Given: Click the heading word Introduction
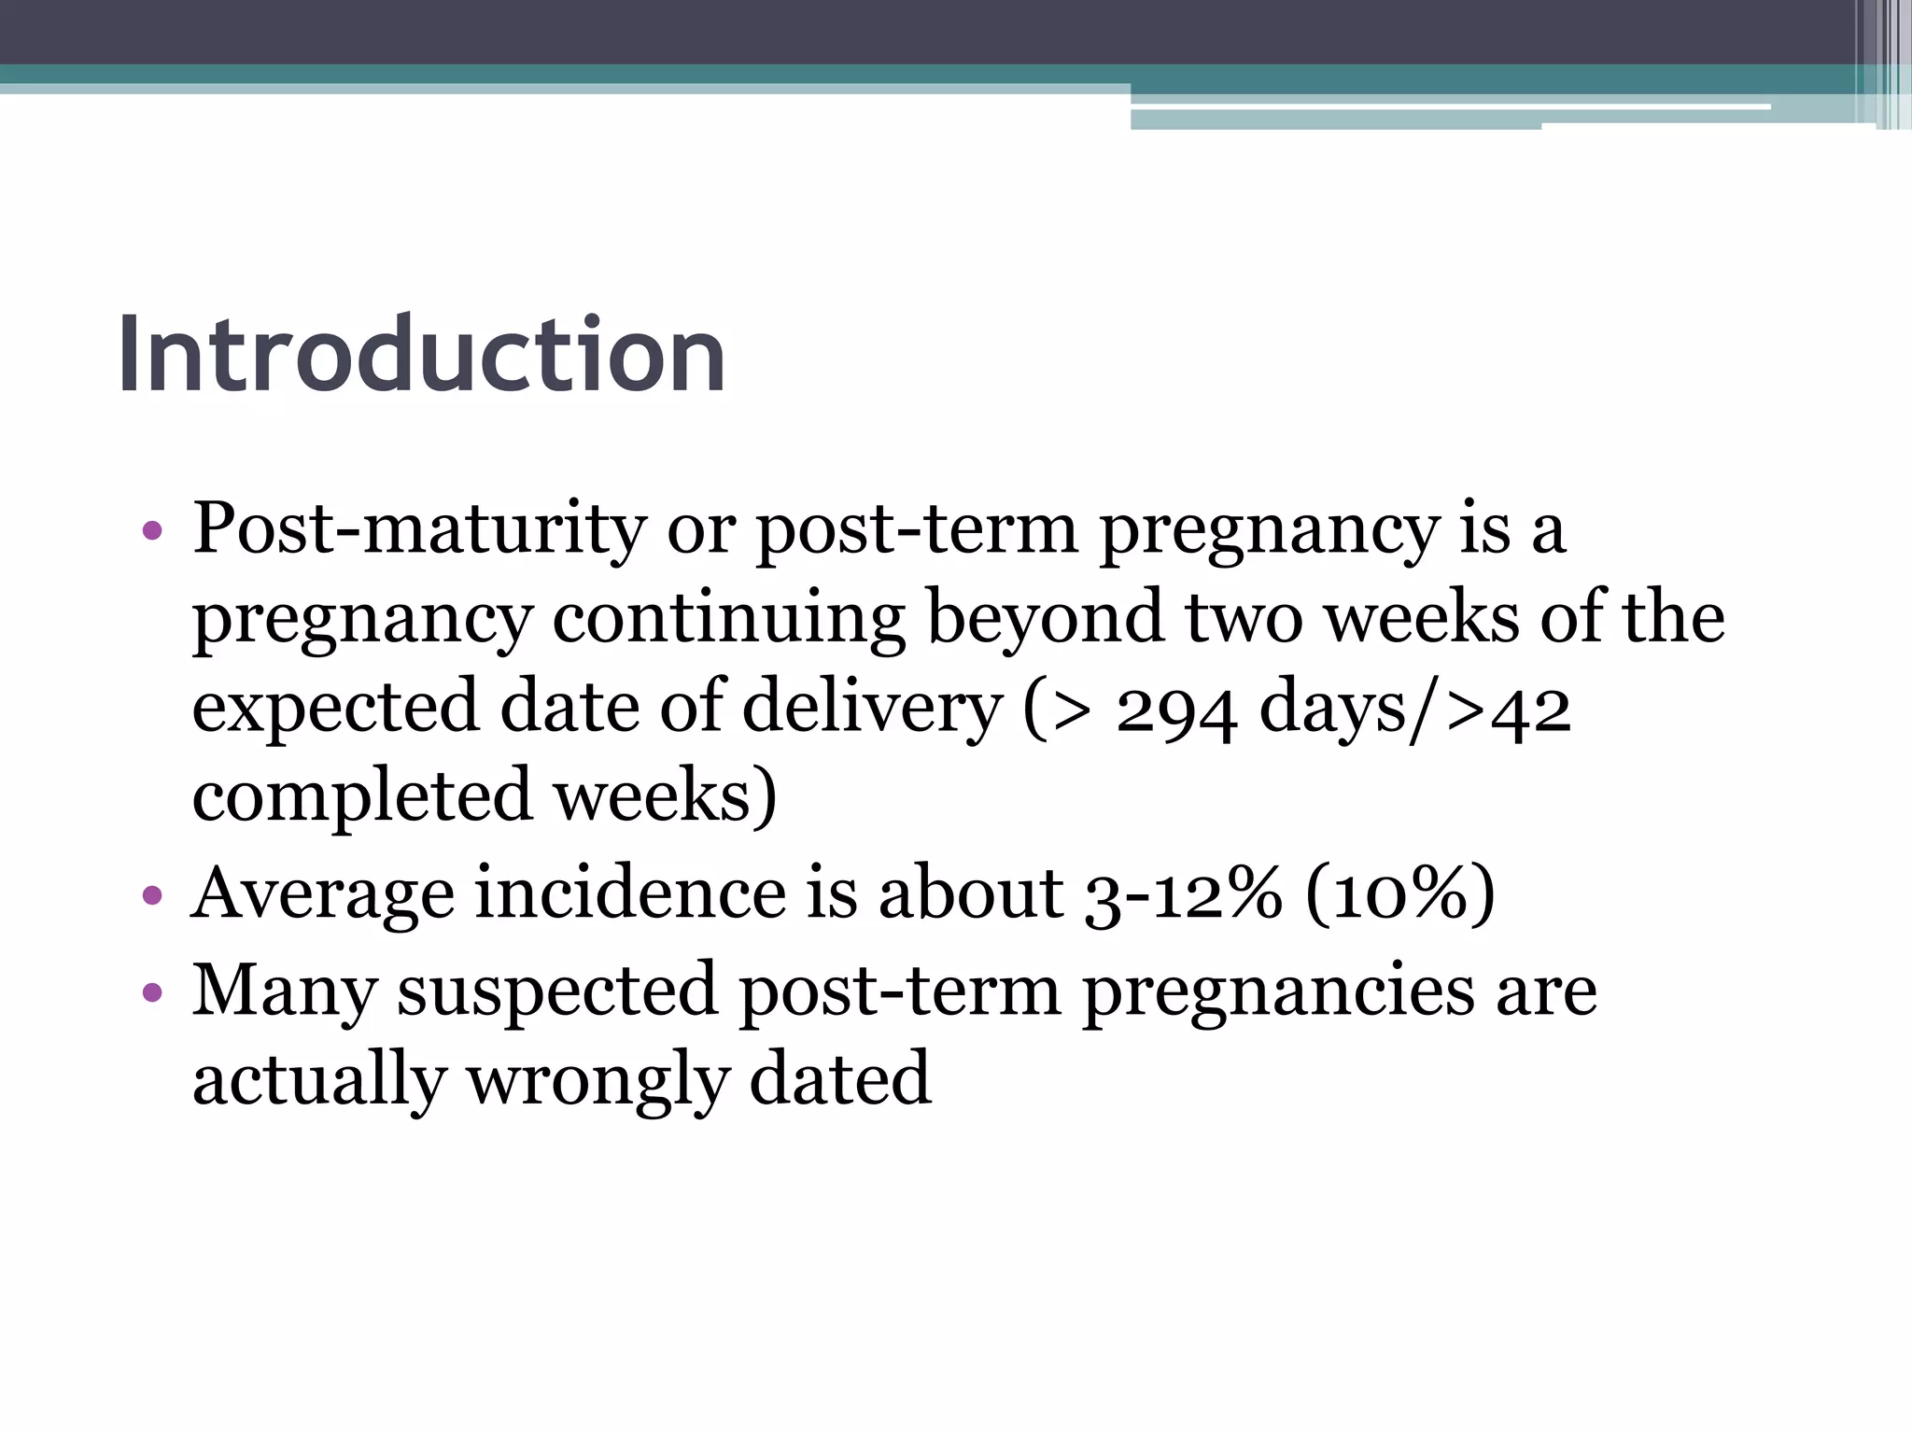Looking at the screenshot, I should click(x=421, y=356).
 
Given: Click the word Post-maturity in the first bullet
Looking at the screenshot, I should click(x=419, y=528).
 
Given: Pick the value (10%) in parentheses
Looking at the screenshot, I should click(x=1400, y=893).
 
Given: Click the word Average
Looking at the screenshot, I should click(x=323, y=893).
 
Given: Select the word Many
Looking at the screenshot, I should click(x=284, y=991).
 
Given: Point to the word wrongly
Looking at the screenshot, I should click(x=597, y=1081).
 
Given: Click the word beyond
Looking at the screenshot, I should click(x=1046, y=618).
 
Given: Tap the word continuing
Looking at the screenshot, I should click(x=728, y=618).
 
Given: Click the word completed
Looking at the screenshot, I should click(x=362, y=796).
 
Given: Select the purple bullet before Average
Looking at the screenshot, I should click(x=152, y=897).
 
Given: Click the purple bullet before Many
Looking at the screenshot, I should click(x=152, y=991).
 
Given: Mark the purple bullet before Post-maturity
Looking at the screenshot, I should click(x=152, y=532).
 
